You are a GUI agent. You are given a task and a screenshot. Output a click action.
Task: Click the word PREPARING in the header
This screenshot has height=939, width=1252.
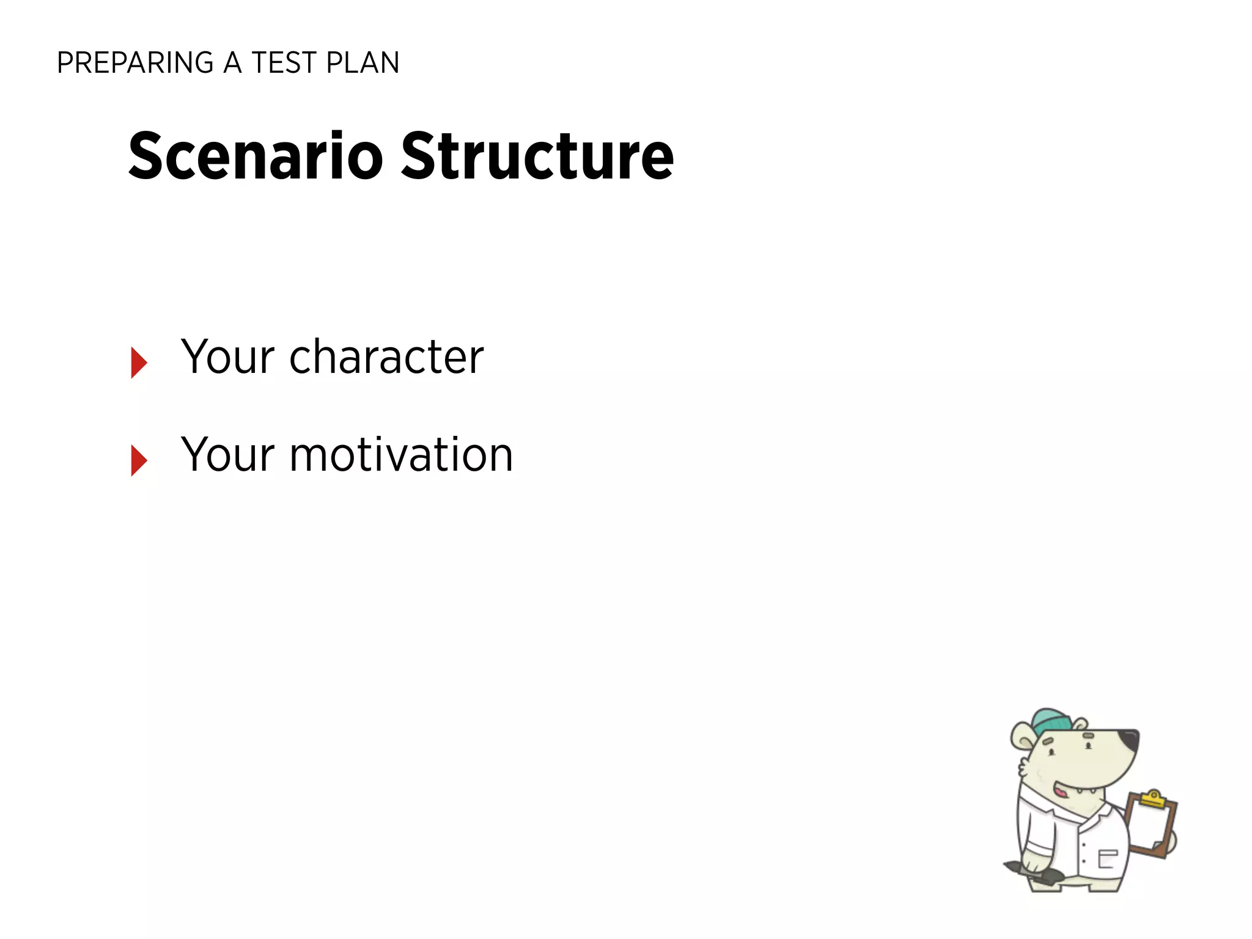coord(135,63)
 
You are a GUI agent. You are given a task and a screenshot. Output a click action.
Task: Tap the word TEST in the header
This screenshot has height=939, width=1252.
coord(284,63)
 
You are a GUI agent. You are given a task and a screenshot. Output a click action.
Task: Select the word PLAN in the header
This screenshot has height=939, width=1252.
coord(363,63)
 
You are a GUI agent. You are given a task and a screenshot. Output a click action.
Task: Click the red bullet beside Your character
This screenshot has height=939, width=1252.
coord(139,363)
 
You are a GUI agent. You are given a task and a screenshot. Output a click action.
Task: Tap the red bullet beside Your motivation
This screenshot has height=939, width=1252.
coord(139,460)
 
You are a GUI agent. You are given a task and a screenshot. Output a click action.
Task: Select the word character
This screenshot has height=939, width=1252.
coord(386,357)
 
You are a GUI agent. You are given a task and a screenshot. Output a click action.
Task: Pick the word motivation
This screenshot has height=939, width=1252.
coord(401,455)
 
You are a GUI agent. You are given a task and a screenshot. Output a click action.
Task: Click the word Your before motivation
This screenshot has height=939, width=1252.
coord(228,455)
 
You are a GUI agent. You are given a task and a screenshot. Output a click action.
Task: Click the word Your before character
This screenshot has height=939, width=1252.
coord(228,357)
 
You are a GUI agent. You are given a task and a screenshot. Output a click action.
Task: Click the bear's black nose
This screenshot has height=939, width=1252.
coord(1129,738)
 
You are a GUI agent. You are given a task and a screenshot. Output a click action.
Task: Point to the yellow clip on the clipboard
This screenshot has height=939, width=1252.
coord(1153,800)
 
